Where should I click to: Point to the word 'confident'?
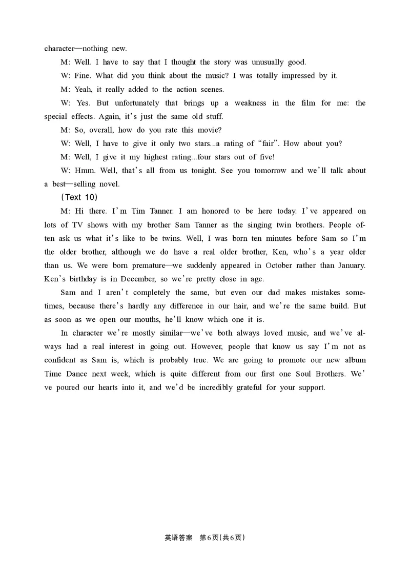coord(61,360)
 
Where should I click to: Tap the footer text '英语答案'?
coord(178,538)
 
